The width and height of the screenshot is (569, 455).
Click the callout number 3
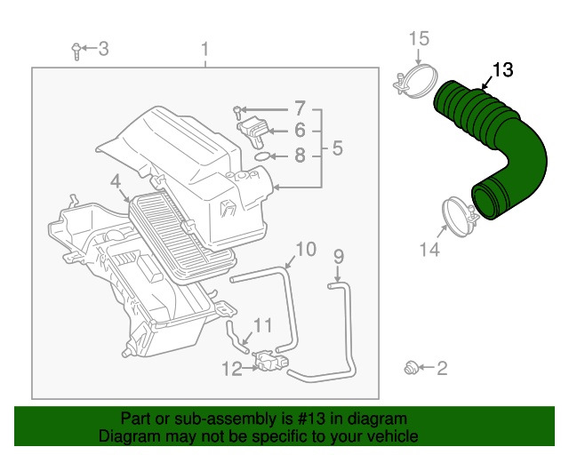(x=103, y=48)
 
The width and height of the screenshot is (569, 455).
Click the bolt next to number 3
(x=78, y=50)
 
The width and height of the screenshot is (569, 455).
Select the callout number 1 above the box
(x=204, y=49)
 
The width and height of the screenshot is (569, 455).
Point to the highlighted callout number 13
(x=502, y=68)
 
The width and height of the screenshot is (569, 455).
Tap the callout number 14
(x=429, y=251)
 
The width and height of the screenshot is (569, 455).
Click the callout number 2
(x=442, y=367)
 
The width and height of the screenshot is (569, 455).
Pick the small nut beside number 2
(x=410, y=366)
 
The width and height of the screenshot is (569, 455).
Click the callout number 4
(x=116, y=183)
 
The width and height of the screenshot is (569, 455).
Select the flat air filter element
(x=182, y=235)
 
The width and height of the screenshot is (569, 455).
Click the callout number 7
(x=300, y=108)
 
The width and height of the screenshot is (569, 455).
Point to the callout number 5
(x=337, y=148)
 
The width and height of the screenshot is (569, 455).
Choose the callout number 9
(x=337, y=257)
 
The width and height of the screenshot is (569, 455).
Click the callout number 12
(x=231, y=369)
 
